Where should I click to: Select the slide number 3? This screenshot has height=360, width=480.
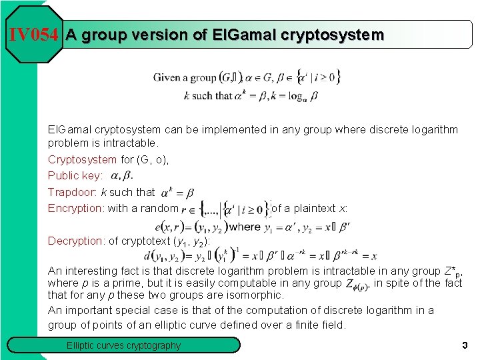click(464, 345)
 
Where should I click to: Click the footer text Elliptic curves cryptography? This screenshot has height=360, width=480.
click(123, 345)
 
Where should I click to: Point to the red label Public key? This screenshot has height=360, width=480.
click(75, 176)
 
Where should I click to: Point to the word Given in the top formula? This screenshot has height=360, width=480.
click(167, 77)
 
